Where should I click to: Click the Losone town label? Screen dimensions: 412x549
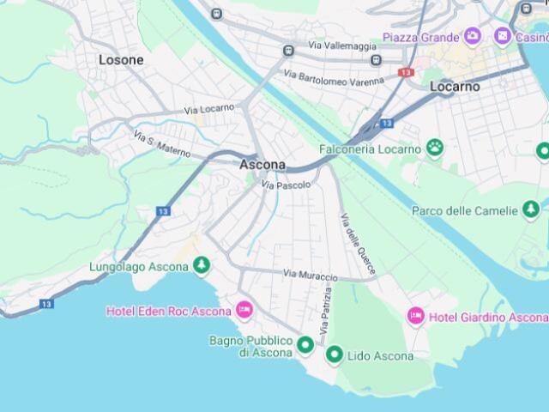tap(121, 60)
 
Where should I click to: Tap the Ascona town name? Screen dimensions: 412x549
tap(262, 164)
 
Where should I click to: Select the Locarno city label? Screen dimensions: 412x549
tap(455, 87)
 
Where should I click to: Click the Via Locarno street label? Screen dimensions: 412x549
tap(208, 110)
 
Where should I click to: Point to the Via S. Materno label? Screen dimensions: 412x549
tap(162, 143)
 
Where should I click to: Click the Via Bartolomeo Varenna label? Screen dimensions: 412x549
tap(334, 78)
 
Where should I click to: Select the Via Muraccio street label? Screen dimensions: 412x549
tap(310, 275)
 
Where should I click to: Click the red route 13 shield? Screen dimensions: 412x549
tap(406, 73)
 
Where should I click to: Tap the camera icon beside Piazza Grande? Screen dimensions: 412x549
tap(472, 36)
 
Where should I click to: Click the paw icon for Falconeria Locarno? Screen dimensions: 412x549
tap(436, 148)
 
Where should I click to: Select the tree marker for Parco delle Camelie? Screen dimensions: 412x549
tap(531, 209)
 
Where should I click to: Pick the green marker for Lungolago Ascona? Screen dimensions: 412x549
tap(202, 266)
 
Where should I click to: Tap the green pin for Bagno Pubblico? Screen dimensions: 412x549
tap(305, 346)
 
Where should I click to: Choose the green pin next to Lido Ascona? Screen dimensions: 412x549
tap(335, 354)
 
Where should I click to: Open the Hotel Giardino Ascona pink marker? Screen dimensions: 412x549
tap(416, 317)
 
